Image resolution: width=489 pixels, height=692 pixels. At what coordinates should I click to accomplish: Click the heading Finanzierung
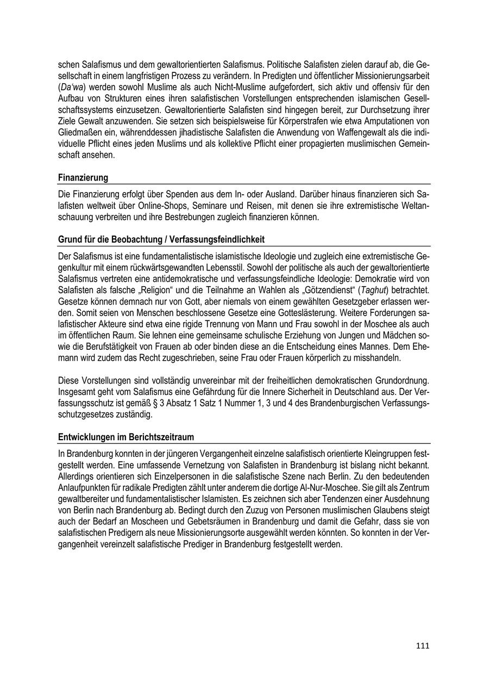[83, 177]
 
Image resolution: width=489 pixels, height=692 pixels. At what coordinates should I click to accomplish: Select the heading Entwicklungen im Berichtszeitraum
[126, 437]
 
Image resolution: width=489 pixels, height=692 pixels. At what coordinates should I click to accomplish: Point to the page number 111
[422, 646]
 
